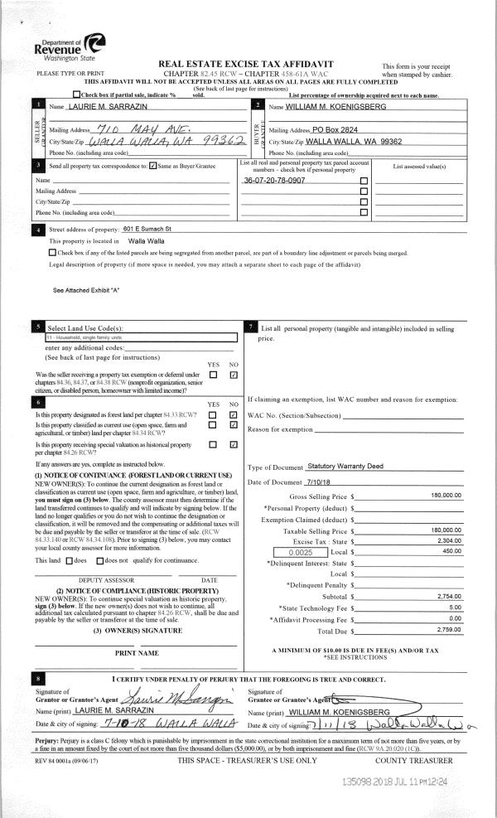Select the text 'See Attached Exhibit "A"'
[x=86, y=290]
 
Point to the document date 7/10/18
[x=319, y=482]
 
